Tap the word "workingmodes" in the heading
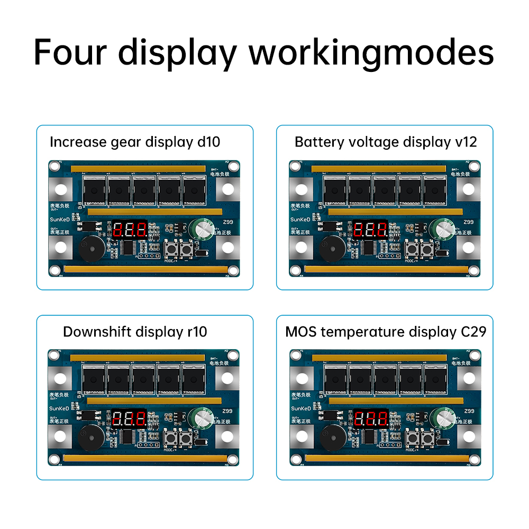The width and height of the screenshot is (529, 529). click(x=371, y=53)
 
